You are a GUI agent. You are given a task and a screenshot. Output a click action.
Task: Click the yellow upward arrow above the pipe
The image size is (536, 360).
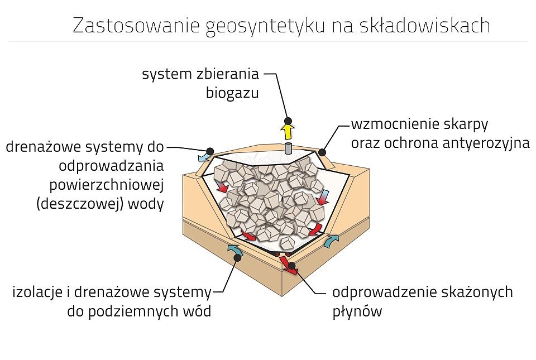(288, 132)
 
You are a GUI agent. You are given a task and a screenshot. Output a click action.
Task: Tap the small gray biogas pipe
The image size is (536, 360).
(288, 148)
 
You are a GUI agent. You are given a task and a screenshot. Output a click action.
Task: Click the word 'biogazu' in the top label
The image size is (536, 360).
(232, 92)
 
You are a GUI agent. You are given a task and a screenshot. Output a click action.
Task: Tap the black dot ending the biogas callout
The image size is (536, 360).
(288, 121)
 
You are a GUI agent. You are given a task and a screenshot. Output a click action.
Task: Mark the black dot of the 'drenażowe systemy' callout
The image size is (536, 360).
(210, 151)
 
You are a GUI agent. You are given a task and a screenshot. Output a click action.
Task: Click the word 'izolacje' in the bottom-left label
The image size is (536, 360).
(37, 292)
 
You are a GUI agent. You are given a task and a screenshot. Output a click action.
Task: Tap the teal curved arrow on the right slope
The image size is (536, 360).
(332, 241)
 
